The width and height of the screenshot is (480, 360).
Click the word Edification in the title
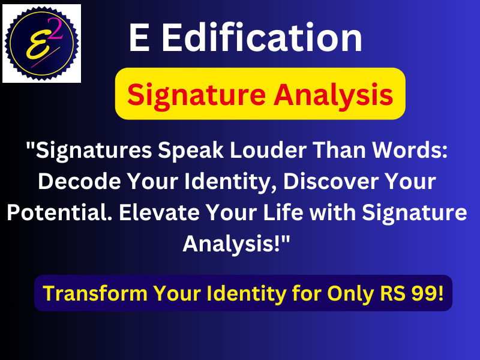262,39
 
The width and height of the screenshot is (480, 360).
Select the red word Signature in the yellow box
194,94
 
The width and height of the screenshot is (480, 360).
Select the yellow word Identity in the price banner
239,293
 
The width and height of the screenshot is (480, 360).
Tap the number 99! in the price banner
427,293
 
